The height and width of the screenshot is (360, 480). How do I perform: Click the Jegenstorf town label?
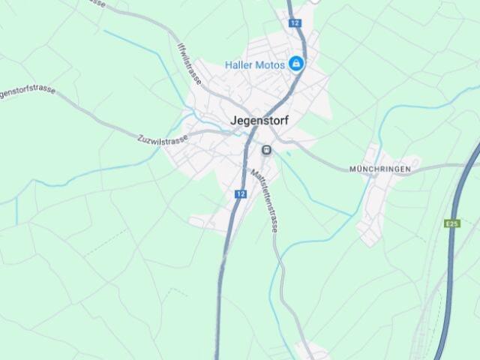coord(259,120)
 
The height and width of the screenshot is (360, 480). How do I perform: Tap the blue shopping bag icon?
coord(296,64)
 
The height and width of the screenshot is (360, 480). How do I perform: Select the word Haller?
coord(239,65)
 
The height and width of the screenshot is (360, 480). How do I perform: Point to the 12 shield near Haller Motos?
coord(295,23)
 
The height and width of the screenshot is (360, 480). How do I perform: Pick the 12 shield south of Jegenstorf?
coord(240,193)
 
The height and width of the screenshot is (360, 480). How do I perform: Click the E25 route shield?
coord(451,223)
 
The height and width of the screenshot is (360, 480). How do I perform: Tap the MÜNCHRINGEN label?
coord(379,169)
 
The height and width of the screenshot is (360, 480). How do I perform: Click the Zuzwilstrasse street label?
coord(163,140)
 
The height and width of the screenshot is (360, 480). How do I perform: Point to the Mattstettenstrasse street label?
coord(264,201)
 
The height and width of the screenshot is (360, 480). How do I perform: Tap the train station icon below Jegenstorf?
coord(265,150)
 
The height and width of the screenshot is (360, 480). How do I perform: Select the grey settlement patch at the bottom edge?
coord(311,350)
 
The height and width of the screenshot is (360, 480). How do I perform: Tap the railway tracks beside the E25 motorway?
coord(427,315)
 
